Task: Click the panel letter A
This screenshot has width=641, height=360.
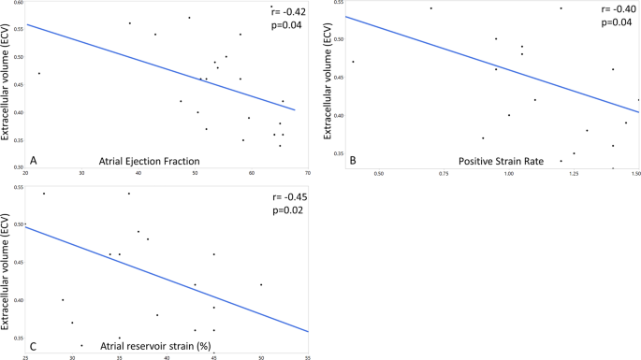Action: [35, 158]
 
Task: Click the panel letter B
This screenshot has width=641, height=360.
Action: [353, 159]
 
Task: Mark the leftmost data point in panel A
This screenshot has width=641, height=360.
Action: [38, 73]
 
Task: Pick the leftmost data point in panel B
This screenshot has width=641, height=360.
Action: [353, 62]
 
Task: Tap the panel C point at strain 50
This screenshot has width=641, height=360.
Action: [261, 284]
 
